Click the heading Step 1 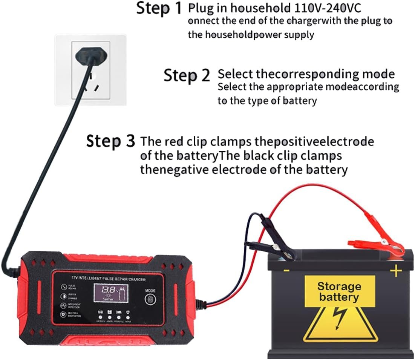pyautogui.click(x=159, y=8)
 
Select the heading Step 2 pyautogui.click(x=187, y=75)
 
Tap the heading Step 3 pyautogui.click(x=110, y=141)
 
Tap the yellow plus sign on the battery pyautogui.click(x=395, y=271)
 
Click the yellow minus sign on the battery pyautogui.click(x=286, y=271)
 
